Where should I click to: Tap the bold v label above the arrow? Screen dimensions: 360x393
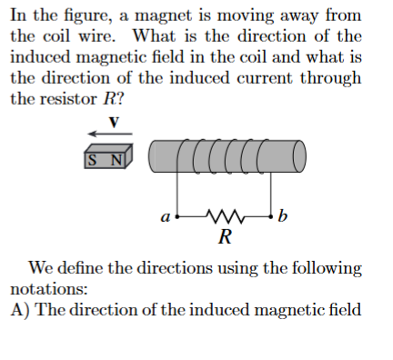113,121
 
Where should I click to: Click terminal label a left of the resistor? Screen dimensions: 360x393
165,217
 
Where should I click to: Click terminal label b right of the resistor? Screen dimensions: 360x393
283,217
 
